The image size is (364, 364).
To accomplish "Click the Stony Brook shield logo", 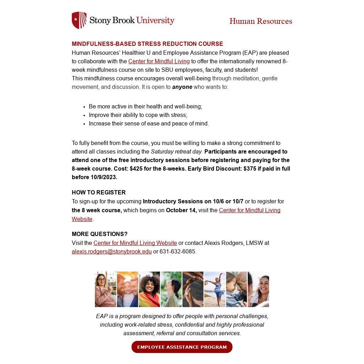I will pyautogui.click(x=79, y=20).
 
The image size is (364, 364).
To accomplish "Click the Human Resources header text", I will pyautogui.click(x=261, y=21).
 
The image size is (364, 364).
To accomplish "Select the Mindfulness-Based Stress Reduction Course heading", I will pyautogui.click(x=147, y=44).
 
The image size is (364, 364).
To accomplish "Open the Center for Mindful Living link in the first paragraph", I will pyautogui.click(x=159, y=61).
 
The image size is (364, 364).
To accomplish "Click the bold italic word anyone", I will pyautogui.click(x=182, y=87).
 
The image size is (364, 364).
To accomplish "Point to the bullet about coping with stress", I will pyautogui.click(x=138, y=115).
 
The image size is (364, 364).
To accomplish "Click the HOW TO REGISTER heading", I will pyautogui.click(x=99, y=193).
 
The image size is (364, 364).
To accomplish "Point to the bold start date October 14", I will pyautogui.click(x=181, y=210).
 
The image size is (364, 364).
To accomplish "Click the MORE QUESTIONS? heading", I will pyautogui.click(x=100, y=234).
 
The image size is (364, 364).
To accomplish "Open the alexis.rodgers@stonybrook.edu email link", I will pyautogui.click(x=112, y=252).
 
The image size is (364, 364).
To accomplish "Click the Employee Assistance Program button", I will pyautogui.click(x=182, y=347).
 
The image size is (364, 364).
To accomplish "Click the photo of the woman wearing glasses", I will pyautogui.click(x=105, y=289).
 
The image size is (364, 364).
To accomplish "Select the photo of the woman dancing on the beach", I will pyautogui.click(x=215, y=289).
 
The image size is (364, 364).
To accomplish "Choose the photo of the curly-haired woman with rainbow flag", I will pyautogui.click(x=149, y=289).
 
